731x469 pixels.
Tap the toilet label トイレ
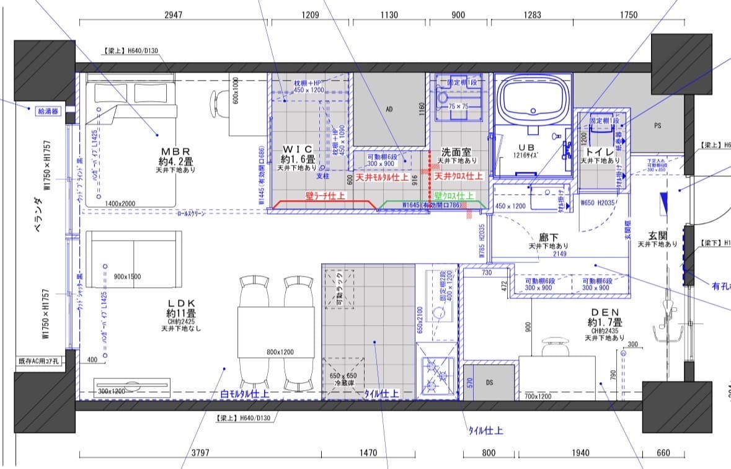tap(600, 151)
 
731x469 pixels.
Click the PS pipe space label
tap(658, 125)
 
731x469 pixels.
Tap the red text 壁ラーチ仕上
tap(325, 195)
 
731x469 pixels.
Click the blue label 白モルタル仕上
tap(245, 393)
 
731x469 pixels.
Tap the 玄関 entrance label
tap(657, 235)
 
